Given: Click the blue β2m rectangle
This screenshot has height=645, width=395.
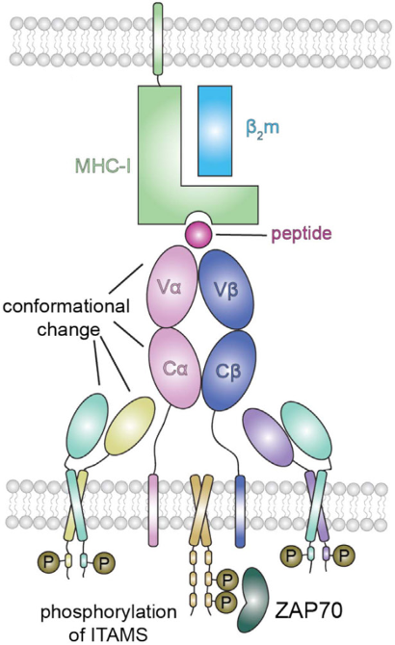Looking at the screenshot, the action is [x=215, y=131].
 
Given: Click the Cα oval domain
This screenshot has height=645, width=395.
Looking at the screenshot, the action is [x=175, y=368].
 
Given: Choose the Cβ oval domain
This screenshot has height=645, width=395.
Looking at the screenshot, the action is [x=228, y=370].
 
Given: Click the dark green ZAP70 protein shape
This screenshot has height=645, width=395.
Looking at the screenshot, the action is [x=252, y=600].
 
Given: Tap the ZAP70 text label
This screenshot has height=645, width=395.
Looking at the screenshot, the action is [x=307, y=611].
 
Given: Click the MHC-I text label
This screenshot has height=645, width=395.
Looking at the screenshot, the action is [x=103, y=167].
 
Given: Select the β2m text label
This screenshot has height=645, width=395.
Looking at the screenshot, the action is [x=262, y=128].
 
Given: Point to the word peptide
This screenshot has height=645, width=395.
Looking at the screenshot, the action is [x=302, y=234].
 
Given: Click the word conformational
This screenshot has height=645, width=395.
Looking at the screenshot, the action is [x=66, y=306].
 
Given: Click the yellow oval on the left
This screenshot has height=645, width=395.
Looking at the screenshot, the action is [x=130, y=426].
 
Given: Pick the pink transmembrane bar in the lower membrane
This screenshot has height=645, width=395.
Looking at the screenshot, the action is [x=152, y=510].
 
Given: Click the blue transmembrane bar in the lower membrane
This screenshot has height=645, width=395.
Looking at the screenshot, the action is [x=240, y=510].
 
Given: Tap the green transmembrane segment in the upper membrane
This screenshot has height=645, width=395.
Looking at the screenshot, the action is [x=158, y=39].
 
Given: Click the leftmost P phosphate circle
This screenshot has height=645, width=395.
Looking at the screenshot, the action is [x=48, y=561].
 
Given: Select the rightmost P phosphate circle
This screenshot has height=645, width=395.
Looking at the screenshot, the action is [x=344, y=555].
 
